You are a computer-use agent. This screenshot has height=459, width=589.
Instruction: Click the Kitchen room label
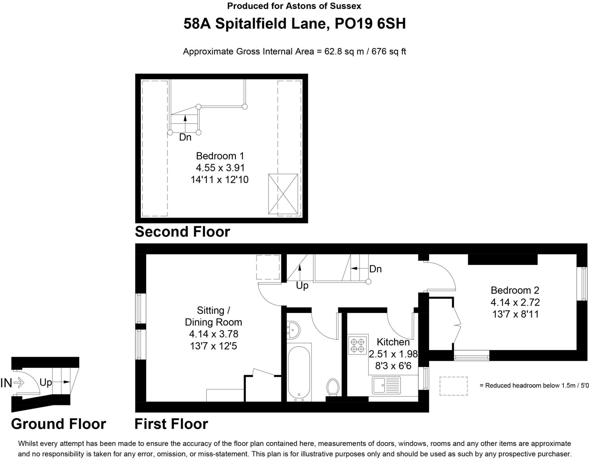pyautogui.click(x=393, y=342)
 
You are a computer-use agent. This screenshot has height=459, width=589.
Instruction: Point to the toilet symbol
pyautogui.click(x=333, y=387)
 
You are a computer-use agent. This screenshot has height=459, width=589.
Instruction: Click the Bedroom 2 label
pyautogui.click(x=515, y=290)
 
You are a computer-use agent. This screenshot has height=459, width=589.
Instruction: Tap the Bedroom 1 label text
pyautogui.click(x=220, y=156)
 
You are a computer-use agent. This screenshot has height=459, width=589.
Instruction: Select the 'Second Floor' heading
pyautogui.click(x=183, y=232)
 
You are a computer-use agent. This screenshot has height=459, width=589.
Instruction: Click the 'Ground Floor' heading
pyautogui.click(x=59, y=424)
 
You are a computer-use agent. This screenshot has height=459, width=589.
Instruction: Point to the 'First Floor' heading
pyautogui.click(x=171, y=424)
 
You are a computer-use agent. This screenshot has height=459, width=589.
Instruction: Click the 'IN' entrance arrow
pyautogui.click(x=12, y=383)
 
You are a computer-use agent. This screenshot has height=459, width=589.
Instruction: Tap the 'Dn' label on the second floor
pyautogui.click(x=185, y=137)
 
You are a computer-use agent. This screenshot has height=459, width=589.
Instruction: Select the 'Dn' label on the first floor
pyautogui.click(x=375, y=269)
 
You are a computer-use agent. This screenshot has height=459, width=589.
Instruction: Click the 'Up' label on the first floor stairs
pyautogui.click(x=302, y=285)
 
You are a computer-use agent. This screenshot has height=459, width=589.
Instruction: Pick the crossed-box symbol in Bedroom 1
pyautogui.click(x=283, y=194)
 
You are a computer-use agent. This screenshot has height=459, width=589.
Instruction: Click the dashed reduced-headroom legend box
pyautogui.click(x=453, y=386)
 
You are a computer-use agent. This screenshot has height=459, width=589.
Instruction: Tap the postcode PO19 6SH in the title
pyautogui.click(x=370, y=24)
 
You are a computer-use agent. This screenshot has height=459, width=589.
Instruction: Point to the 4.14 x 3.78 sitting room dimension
pyautogui.click(x=213, y=334)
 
